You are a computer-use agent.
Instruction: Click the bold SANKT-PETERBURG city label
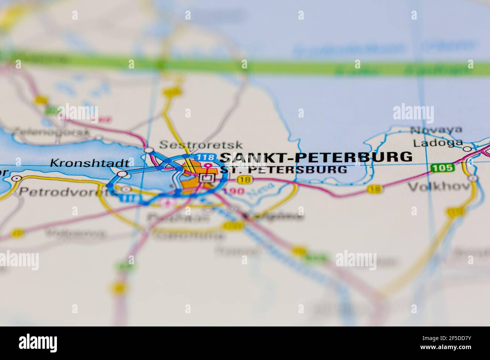316,156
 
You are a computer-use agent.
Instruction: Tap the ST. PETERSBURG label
283,169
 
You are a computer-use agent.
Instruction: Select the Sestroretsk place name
201,145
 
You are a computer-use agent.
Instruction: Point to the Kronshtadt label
91,163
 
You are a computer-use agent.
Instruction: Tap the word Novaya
436,130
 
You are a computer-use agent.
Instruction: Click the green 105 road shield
442,168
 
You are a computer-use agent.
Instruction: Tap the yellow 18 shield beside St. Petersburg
245,180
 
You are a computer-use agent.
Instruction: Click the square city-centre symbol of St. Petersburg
206,178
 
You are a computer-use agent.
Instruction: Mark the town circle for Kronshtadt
122,174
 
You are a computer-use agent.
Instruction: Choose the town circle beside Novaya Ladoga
467,149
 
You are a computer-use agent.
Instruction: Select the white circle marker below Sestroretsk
149,150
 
